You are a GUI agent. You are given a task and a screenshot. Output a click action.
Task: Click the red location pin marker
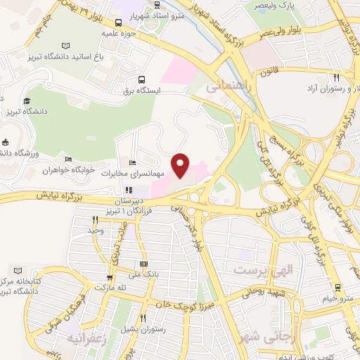click(181, 165)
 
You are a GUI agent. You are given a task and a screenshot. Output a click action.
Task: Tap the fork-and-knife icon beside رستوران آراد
click(336, 78)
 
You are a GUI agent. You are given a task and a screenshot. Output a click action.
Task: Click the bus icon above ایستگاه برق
click(142, 80)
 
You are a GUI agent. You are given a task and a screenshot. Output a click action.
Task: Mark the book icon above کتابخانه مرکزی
click(18, 271)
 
